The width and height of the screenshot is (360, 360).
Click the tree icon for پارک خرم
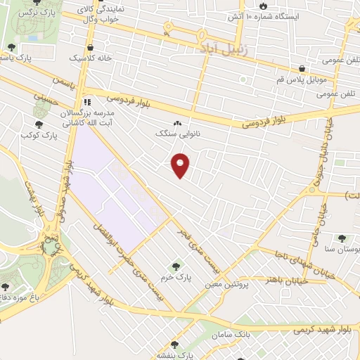tap(176, 266)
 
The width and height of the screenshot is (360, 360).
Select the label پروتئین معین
tap(225, 285)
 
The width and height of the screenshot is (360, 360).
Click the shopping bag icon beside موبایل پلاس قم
tap(302, 69)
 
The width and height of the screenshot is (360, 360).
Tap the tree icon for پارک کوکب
tap(38, 124)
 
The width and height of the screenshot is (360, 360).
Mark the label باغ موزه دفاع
tap(21, 296)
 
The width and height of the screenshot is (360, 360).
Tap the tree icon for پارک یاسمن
tap(11, 47)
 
